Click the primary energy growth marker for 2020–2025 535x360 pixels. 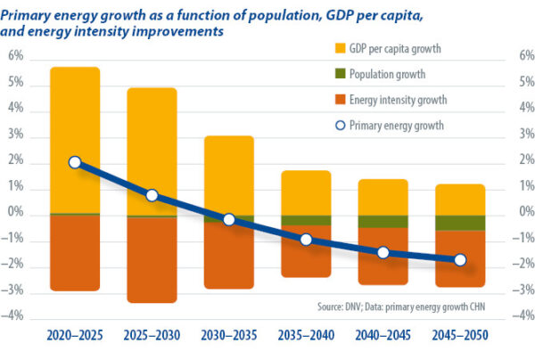[x=75, y=162]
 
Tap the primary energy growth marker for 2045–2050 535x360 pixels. [x=460, y=259]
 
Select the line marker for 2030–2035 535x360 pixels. [x=229, y=219]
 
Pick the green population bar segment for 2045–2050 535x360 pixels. [x=460, y=223]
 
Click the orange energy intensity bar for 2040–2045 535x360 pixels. [x=383, y=267]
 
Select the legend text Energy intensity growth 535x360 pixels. [x=399, y=100]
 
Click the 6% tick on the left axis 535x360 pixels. [x=16, y=57]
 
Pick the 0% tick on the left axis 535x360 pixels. [x=16, y=215]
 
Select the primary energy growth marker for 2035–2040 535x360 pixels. [x=306, y=239]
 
